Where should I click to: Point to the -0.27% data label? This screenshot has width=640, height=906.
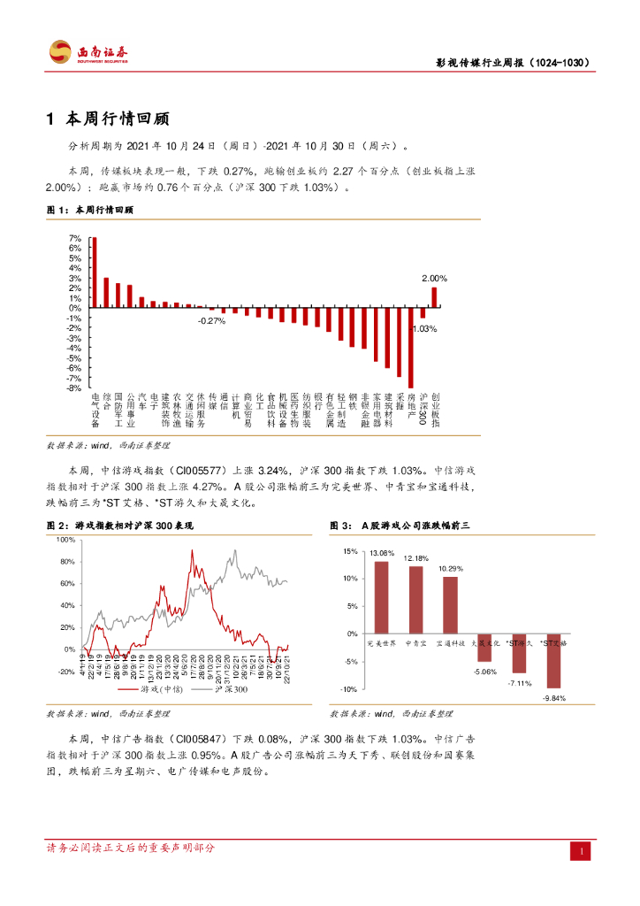click(212, 320)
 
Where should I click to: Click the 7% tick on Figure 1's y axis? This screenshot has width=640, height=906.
click(75, 239)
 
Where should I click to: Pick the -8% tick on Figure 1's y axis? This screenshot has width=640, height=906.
click(75, 388)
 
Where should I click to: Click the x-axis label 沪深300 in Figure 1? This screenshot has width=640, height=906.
click(423, 409)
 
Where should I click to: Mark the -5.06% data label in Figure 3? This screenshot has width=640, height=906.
click(484, 672)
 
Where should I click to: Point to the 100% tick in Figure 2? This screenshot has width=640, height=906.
click(65, 539)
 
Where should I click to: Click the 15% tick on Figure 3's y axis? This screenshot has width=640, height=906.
click(350, 551)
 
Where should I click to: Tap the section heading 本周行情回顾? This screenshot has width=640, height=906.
click(116, 119)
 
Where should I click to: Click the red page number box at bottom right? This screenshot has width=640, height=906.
click(582, 850)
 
